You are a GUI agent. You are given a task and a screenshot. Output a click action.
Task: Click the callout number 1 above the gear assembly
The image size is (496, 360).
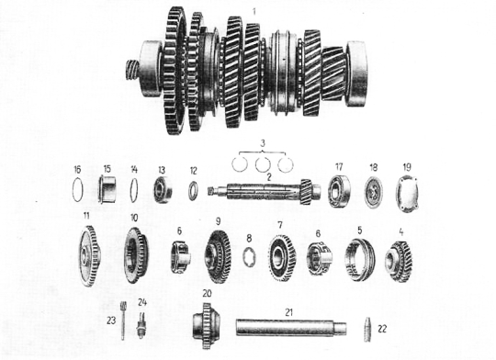tap(254, 12)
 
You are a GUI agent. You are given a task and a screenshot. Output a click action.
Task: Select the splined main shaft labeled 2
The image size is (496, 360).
tap(264, 191)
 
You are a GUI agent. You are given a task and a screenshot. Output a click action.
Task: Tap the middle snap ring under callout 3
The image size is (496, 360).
tap(263, 164)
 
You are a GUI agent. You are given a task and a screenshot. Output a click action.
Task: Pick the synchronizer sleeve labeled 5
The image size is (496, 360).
tap(360, 259)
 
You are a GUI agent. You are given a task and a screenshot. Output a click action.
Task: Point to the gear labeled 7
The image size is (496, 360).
tap(283, 258)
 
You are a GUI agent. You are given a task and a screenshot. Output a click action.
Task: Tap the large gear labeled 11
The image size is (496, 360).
tap(89, 256)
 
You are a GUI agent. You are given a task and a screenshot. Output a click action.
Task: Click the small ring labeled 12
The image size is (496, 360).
tap(193, 190)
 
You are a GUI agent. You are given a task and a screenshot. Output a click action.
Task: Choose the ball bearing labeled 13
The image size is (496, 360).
tap(163, 189)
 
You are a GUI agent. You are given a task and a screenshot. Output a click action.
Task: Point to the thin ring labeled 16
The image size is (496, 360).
tap(77, 190)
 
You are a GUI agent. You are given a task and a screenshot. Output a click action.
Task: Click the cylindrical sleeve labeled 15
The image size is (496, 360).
tap(107, 189)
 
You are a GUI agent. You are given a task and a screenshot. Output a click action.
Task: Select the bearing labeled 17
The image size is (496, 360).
tap(339, 191)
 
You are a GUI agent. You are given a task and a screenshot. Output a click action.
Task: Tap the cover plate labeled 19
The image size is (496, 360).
tap(407, 193)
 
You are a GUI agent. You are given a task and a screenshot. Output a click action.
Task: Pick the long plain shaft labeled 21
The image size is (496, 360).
tap(291, 327)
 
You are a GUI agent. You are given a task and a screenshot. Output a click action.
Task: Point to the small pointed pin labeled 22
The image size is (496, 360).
tap(367, 329)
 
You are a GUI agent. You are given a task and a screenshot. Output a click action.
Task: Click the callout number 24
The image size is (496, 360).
tap(142, 302)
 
